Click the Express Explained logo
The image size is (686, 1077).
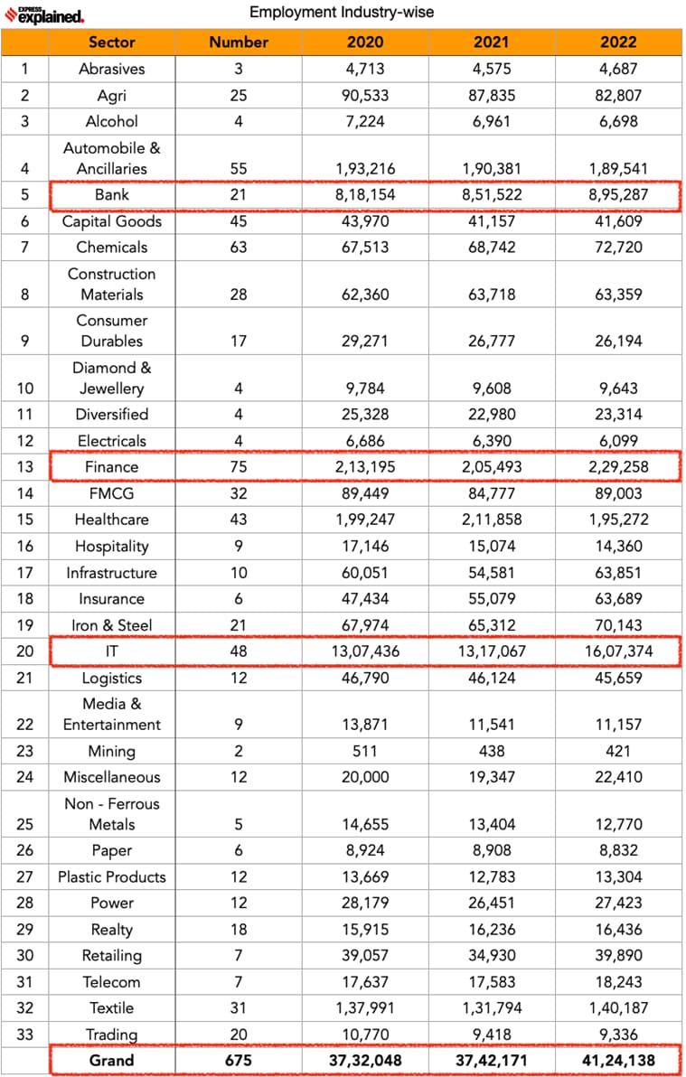pos(44,14)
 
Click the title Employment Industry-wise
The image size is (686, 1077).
pos(342,12)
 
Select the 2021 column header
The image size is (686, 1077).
pos(492,42)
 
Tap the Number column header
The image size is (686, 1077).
pos(239,42)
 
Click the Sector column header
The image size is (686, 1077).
pos(112,42)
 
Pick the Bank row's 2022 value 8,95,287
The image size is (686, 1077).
pos(618,195)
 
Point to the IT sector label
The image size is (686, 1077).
pos(112,651)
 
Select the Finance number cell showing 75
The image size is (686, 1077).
pos(239,466)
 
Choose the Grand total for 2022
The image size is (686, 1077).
pos(618,1060)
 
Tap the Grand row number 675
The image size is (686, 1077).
pos(239,1060)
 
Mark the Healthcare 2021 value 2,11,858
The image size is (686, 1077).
pos(492,520)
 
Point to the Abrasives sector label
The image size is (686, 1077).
pos(112,69)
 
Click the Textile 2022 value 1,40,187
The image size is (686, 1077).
pos(618,1007)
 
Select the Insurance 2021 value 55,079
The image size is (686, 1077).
pos(492,598)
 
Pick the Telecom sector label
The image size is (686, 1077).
pos(112,981)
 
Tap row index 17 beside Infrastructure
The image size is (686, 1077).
pos(24,572)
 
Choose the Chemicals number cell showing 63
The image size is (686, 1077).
pos(239,247)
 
